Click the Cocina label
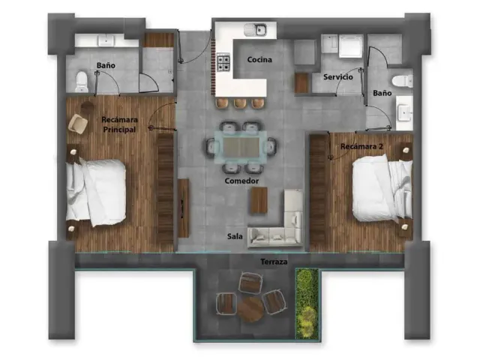(x=259, y=60)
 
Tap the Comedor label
(x=241, y=181)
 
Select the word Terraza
(x=274, y=262)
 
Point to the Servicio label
(x=338, y=76)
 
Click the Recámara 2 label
(x=361, y=146)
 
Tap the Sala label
(x=235, y=236)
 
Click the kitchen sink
(x=256, y=30)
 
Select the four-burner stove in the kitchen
(x=223, y=61)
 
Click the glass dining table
(x=241, y=148)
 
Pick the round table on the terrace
(x=250, y=310)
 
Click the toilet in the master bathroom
(x=82, y=82)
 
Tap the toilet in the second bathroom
(x=402, y=81)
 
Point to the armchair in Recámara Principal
(x=79, y=124)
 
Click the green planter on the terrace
(x=307, y=304)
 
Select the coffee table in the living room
(x=259, y=200)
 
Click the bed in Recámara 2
(x=382, y=187)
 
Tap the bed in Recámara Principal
(x=96, y=193)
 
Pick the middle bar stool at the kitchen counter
(x=240, y=103)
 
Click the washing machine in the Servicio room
(x=351, y=46)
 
